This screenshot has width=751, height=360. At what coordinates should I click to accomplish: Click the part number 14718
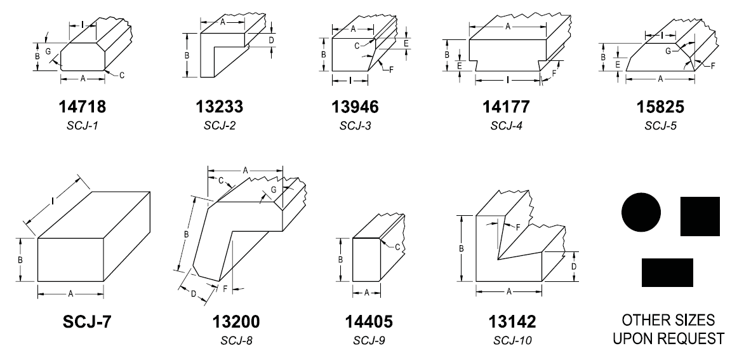(x=82, y=106)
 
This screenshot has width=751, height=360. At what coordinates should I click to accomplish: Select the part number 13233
(x=220, y=106)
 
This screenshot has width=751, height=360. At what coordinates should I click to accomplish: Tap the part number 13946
(x=355, y=107)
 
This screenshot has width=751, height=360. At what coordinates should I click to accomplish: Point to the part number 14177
(x=506, y=107)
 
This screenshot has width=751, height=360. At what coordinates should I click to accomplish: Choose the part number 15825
(x=660, y=107)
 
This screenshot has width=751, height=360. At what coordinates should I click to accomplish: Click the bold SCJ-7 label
(x=87, y=322)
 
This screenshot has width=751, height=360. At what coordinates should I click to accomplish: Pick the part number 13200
(x=236, y=322)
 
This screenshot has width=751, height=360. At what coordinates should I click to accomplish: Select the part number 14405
(x=369, y=322)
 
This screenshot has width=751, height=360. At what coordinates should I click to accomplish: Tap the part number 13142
(x=512, y=322)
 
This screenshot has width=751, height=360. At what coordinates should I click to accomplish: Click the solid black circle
(x=641, y=212)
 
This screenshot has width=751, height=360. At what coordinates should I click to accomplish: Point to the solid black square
(x=700, y=217)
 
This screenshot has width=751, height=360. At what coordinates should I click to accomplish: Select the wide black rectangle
(x=667, y=272)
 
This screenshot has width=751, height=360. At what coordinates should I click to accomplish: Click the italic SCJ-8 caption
(x=236, y=341)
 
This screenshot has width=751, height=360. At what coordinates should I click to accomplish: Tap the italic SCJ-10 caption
(x=512, y=341)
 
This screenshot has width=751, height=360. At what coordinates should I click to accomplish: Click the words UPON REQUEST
(x=668, y=338)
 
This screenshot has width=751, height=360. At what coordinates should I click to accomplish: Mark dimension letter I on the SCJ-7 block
(x=52, y=202)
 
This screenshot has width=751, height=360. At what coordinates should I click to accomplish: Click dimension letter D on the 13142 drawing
(x=573, y=266)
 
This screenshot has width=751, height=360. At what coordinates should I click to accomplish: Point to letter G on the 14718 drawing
(x=48, y=51)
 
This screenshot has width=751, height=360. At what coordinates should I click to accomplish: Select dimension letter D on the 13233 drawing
(x=270, y=40)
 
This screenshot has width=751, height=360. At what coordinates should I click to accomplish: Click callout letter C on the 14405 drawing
(x=397, y=247)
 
